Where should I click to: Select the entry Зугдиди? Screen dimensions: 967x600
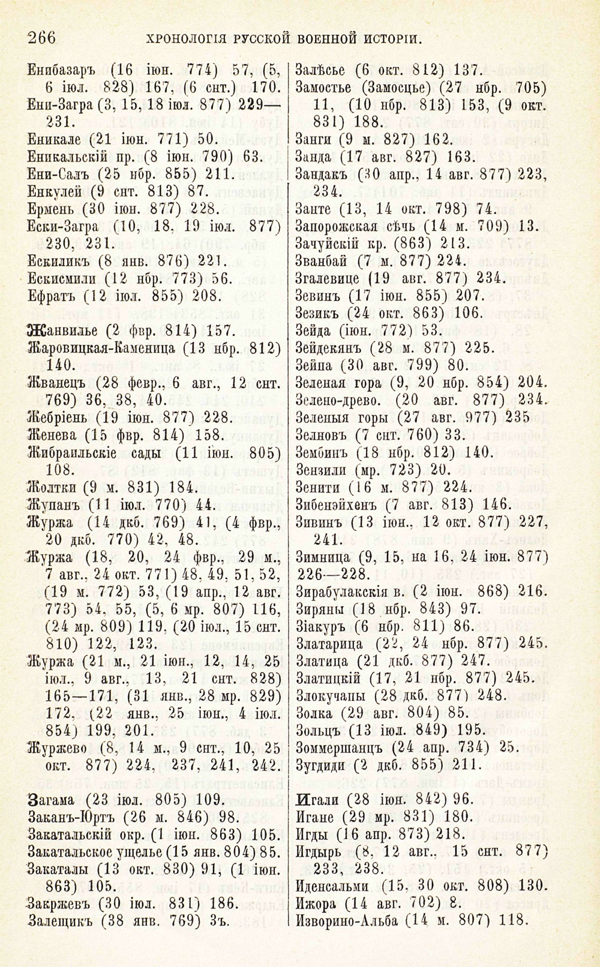coord(323,765)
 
